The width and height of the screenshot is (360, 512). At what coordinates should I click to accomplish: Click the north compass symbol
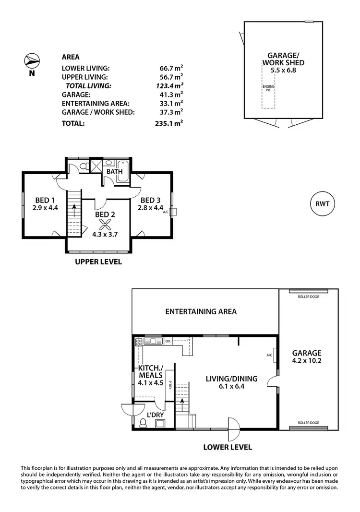pyautogui.click(x=31, y=61)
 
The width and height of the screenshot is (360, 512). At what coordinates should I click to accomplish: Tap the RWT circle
pyautogui.click(x=322, y=203)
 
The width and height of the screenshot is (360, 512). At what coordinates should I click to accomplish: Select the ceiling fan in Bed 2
pyautogui.click(x=105, y=225)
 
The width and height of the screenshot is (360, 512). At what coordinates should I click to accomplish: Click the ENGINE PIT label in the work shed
pyautogui.click(x=268, y=89)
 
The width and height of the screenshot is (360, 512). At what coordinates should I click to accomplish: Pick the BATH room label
pyautogui.click(x=114, y=171)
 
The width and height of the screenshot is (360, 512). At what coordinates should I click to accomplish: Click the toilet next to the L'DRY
pyautogui.click(x=143, y=423)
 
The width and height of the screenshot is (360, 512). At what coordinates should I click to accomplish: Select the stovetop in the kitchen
pyautogui.click(x=139, y=342)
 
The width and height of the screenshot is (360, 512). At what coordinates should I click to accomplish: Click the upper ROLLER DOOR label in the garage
pyautogui.click(x=308, y=297)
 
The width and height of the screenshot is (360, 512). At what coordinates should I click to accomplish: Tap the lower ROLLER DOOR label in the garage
pyautogui.click(x=308, y=422)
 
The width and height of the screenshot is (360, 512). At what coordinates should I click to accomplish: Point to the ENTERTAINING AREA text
pyautogui.click(x=201, y=311)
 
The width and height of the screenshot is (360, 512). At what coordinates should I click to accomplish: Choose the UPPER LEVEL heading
pyautogui.click(x=97, y=262)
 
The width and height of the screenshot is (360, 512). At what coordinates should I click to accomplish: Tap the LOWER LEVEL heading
pyautogui.click(x=228, y=447)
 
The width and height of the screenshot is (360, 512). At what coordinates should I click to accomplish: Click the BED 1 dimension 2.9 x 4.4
pyautogui.click(x=45, y=208)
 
